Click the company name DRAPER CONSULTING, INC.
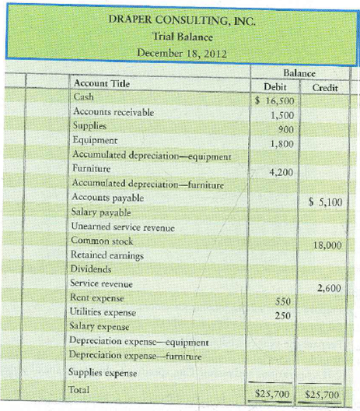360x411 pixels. pyautogui.click(x=180, y=19)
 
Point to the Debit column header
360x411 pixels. pyautogui.click(x=276, y=87)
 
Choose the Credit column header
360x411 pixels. pyautogui.click(x=325, y=87)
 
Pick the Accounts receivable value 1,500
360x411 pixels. pyautogui.click(x=278, y=114)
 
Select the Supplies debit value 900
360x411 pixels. pyautogui.click(x=282, y=128)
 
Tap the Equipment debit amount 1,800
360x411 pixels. pyautogui.click(x=278, y=143)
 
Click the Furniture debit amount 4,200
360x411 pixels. pyautogui.click(x=278, y=171)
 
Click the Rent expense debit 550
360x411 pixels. pyautogui.click(x=282, y=300)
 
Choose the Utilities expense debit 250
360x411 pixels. pyautogui.click(x=282, y=314)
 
